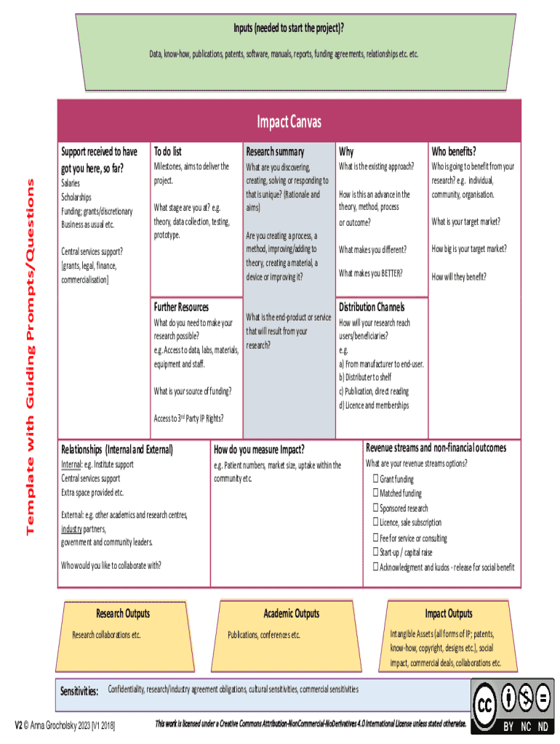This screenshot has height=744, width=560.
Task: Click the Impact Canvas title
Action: coord(289,122)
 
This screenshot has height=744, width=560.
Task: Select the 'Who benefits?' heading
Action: coord(454,152)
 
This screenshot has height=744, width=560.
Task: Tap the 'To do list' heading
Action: coord(167,152)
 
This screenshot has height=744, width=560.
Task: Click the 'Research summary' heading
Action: coord(275,152)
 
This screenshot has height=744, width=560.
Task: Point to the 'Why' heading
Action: coord(346,152)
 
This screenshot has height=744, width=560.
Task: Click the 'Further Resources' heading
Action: coord(181,307)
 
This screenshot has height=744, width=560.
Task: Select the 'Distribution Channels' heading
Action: coord(372,307)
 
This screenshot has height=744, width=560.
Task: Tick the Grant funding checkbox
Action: coord(376,479)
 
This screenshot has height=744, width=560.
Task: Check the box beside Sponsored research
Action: coord(376,508)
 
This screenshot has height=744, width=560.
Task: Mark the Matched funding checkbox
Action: coord(376,493)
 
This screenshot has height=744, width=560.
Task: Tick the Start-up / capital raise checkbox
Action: coord(376,552)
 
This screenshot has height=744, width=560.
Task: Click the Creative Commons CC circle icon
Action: coord(486,704)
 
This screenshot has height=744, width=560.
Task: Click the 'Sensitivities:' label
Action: coord(79,691)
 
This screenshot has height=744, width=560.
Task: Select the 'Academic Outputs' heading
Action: coord(291,614)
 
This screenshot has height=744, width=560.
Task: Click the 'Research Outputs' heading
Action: coord(123,614)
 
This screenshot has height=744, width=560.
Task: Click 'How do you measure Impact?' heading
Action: coord(259,450)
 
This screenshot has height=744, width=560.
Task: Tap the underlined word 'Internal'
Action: coord(71,464)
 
